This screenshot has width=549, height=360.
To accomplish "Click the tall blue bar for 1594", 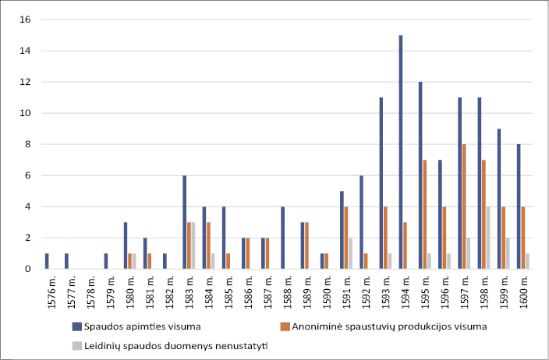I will [401, 152].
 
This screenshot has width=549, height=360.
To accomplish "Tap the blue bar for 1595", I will [420, 175].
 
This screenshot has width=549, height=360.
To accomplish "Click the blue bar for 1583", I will [185, 222].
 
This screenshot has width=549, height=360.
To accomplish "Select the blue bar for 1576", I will [47, 261].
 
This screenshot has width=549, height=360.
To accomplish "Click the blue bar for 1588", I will [283, 238].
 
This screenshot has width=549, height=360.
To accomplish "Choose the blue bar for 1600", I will [519, 206].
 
